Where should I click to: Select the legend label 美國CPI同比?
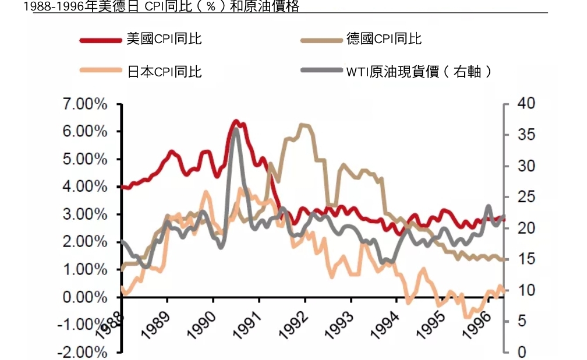coord(164,40)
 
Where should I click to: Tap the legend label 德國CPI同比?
coord(384,40)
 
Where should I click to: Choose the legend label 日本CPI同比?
coord(164,72)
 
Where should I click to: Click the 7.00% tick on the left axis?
coord(86,105)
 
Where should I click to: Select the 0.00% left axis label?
coord(86,298)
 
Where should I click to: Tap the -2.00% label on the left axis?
coord(82,352)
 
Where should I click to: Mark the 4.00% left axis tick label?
coord(86,187)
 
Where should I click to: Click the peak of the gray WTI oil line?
coord(235,129)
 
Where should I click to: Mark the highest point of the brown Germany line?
coord(303,125)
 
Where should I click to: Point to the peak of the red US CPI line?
coord(236,121)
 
